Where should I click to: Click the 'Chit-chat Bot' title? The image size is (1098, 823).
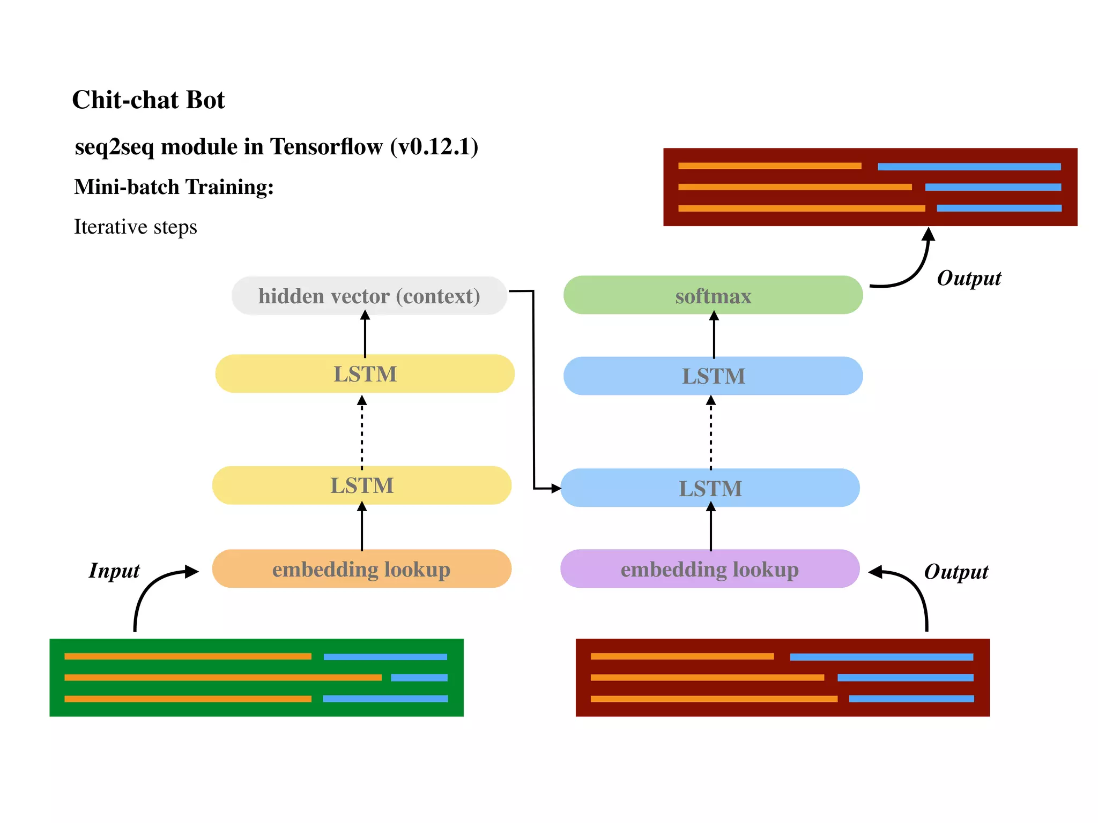point(149,100)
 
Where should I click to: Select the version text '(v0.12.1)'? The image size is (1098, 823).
point(434,147)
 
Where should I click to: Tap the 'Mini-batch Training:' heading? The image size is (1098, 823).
point(174,187)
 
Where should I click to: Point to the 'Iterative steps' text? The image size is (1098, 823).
point(135,227)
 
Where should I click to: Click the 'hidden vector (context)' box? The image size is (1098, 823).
point(369,296)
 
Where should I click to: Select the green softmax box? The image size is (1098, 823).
point(713,295)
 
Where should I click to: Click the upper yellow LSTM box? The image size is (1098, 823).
point(365,373)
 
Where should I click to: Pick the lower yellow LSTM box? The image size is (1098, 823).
point(362,485)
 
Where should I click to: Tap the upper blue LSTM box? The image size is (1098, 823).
point(713,376)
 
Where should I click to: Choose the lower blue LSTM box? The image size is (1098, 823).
point(710,488)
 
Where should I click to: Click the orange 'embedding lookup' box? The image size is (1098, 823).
point(361,569)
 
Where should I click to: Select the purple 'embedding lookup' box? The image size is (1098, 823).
point(709,569)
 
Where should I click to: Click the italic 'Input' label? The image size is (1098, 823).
point(114,571)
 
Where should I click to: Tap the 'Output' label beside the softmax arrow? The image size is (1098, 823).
point(968,278)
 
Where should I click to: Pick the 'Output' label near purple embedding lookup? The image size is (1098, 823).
point(955,572)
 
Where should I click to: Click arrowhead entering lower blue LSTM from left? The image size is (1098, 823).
point(555,489)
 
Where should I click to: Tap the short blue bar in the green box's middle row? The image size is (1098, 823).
point(419,678)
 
